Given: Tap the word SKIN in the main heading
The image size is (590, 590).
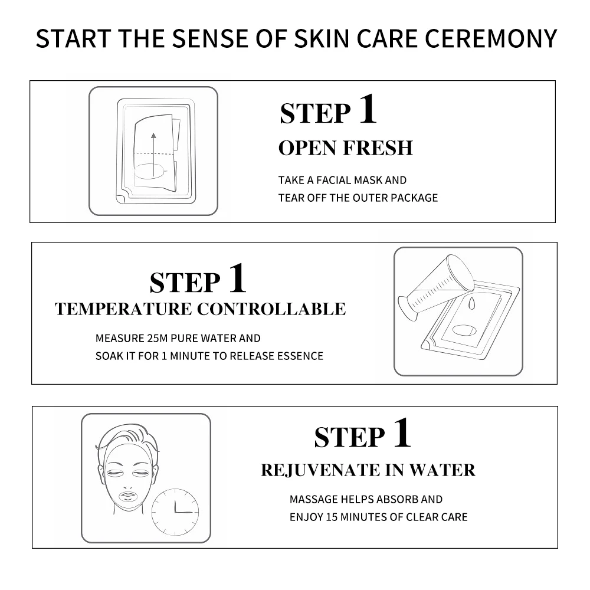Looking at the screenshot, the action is click(x=322, y=38).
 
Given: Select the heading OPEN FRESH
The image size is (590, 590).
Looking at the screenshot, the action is click(x=345, y=148).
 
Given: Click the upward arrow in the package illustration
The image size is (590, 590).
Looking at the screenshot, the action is click(x=153, y=154).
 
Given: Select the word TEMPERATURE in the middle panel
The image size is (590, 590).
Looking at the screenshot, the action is click(x=123, y=309).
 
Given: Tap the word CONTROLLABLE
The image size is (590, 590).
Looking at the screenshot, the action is click(x=271, y=309).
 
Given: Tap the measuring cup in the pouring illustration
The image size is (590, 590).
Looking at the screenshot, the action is click(x=437, y=287).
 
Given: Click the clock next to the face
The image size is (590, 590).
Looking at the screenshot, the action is click(x=175, y=512).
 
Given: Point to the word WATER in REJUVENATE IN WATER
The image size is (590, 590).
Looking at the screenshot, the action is click(x=442, y=470).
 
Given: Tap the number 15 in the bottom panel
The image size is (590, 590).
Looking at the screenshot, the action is click(x=332, y=517).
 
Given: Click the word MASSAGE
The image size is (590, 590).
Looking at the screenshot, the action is click(x=313, y=499).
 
